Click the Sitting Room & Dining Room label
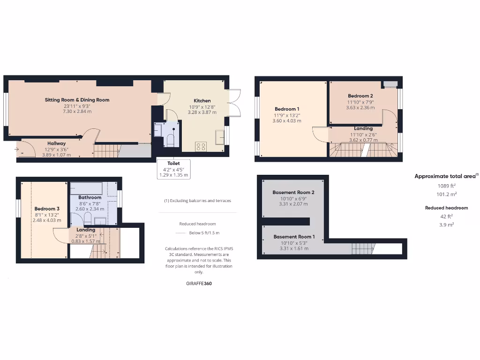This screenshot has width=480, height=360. click(77, 100)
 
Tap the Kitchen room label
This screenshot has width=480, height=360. click(202, 101)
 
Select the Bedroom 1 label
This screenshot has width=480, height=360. click(287, 109)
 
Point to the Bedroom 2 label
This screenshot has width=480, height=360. click(360, 96)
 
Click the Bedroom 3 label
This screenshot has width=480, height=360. click(47, 209)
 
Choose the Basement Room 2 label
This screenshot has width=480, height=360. click(293, 192)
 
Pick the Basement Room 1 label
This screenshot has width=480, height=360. click(294, 237)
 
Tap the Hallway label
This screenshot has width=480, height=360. click(56, 143)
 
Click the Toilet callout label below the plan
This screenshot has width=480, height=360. click(173, 163)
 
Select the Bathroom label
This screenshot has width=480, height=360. click(90, 197)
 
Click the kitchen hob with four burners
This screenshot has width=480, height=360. click(201, 146)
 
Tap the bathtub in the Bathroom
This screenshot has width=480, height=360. click(86, 187)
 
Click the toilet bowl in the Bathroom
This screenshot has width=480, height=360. click(88, 217)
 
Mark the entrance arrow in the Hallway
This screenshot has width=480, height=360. click(18, 150)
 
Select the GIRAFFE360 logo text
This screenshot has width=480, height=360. click(199, 284)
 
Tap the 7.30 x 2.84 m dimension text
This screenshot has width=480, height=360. click(77, 112)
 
